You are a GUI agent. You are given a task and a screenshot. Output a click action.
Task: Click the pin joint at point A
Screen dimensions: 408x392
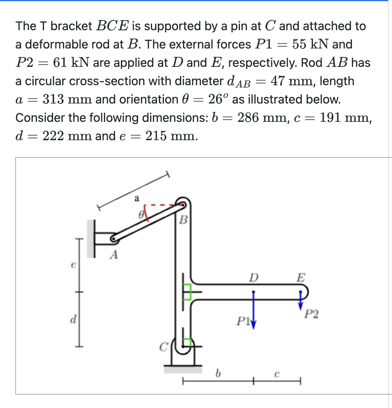point(113,240)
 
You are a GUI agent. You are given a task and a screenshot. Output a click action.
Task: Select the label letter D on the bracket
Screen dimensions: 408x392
point(253,276)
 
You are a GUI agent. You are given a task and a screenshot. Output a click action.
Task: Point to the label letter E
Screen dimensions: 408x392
point(301,277)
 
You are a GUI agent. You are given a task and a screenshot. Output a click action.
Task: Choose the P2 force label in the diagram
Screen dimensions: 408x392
point(311,314)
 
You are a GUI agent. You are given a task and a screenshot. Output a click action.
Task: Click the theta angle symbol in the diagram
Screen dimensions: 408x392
point(141,215)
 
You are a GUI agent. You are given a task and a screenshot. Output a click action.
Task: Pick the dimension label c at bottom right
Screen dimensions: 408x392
point(278,375)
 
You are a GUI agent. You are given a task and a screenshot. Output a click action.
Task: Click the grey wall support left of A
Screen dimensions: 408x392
point(91,238)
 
